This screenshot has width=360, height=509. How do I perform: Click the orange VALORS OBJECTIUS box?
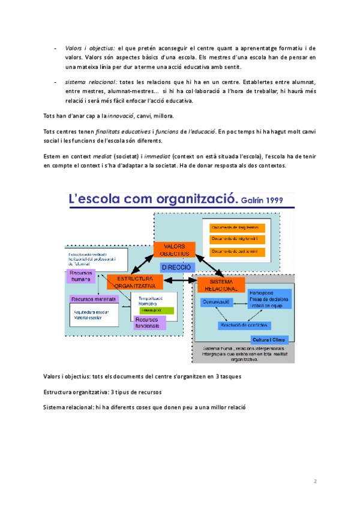point(174,251)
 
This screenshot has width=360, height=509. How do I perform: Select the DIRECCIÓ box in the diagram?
point(176,267)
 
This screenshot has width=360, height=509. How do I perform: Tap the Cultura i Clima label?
point(269,340)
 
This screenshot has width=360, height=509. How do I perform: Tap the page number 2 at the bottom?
point(314,481)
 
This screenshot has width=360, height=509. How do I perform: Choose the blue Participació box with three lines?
point(269,299)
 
